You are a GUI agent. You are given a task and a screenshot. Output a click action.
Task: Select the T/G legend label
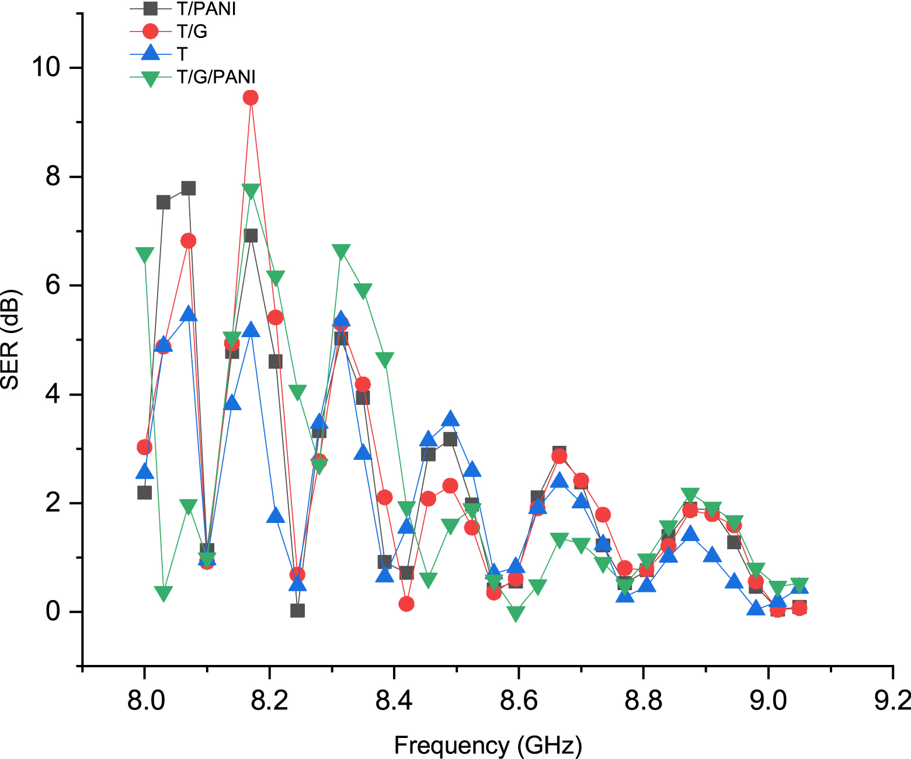tap(192, 32)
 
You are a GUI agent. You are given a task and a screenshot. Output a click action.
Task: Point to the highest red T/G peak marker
tap(251, 98)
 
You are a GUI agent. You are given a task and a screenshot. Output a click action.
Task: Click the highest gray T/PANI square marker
tap(188, 188)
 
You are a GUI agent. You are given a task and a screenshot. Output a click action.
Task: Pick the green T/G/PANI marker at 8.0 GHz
tap(145, 255)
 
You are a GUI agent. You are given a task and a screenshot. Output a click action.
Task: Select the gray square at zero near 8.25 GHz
tap(297, 611)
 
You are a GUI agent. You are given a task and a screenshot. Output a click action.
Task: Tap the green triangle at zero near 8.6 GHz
tap(516, 614)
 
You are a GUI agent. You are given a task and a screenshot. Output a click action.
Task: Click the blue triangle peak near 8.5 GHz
tap(450, 419)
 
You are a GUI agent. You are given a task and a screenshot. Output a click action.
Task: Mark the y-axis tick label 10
tap(46, 67)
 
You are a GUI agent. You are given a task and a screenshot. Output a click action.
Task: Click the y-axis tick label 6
tap(53, 285)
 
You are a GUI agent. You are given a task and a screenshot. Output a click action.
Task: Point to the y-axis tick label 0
tap(53, 612)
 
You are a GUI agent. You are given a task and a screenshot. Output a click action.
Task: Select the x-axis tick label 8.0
tap(145, 699)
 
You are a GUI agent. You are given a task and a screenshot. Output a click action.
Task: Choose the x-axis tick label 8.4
tap(394, 699)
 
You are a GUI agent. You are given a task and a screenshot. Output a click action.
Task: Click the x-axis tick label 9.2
tap(892, 699)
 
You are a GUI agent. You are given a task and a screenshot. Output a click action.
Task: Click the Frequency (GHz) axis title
tap(488, 746)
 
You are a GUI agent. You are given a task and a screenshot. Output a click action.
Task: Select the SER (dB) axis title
tap(11, 339)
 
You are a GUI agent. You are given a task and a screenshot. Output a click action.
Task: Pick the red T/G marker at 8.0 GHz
tap(145, 447)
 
